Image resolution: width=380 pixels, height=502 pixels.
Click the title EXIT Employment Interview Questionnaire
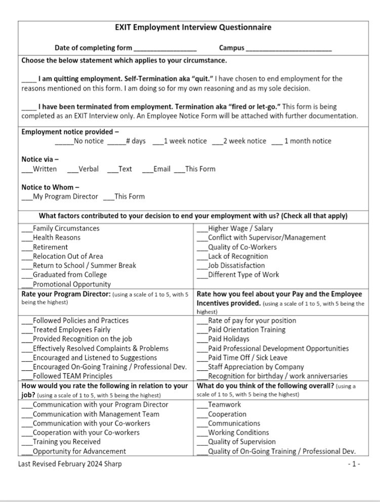(193, 27)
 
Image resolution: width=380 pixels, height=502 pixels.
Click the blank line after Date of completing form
(165, 49)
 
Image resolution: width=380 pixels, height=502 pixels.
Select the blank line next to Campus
(288, 49)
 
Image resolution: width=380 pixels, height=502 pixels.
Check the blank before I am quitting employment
(29, 79)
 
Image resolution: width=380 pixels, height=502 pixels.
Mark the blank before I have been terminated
(29, 107)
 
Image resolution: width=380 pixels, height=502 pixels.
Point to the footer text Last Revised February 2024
(70, 464)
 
